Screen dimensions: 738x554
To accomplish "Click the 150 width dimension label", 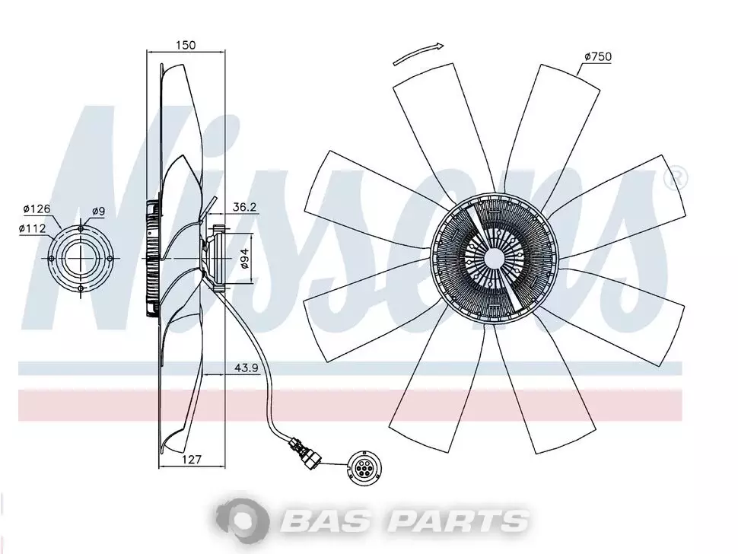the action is [186, 45].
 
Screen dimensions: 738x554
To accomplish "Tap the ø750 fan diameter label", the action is [598, 57].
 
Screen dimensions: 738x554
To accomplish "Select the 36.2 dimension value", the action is [244, 207].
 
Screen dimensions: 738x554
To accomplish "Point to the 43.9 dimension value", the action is [247, 368].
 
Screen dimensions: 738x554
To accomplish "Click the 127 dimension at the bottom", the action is [191, 460].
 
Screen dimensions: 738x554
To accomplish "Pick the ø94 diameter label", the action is [244, 258].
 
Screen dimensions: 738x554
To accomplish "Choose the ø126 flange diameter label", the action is [37, 209].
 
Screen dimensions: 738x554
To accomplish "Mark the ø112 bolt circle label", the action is [33, 229].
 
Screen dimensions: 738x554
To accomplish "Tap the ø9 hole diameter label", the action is [98, 212].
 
